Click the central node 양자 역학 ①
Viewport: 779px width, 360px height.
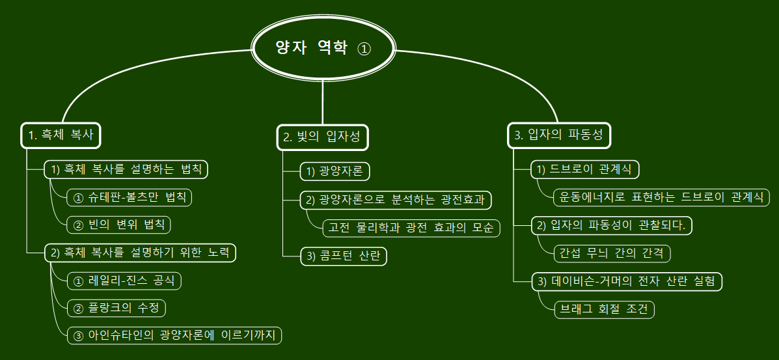pyautogui.click(x=323, y=49)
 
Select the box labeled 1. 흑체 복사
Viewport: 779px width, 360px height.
pyautogui.click(x=62, y=135)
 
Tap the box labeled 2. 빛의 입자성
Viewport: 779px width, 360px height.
pyautogui.click(x=322, y=137)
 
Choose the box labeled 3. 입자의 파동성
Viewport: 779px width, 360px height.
pyautogui.click(x=558, y=135)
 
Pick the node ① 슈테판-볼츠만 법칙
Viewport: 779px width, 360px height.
pyautogui.click(x=130, y=197)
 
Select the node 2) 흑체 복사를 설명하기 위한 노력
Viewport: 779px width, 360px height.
pyautogui.click(x=140, y=253)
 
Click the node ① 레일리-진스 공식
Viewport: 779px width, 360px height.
pyautogui.click(x=124, y=281)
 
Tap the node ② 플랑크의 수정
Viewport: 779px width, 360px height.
pyautogui.click(x=116, y=307)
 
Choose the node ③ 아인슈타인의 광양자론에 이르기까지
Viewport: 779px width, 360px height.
pyautogui.click(x=174, y=335)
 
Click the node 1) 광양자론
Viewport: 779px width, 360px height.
pyautogui.click(x=335, y=171)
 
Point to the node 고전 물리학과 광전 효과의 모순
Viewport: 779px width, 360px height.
pyautogui.click(x=411, y=228)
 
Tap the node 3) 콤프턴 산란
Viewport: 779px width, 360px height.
pyautogui.click(x=344, y=256)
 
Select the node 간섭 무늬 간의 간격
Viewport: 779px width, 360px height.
pyautogui.click(x=612, y=253)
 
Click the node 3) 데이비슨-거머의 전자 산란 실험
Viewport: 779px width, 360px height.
pyautogui.click(x=627, y=281)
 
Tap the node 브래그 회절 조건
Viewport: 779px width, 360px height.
pyautogui.click(x=604, y=309)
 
